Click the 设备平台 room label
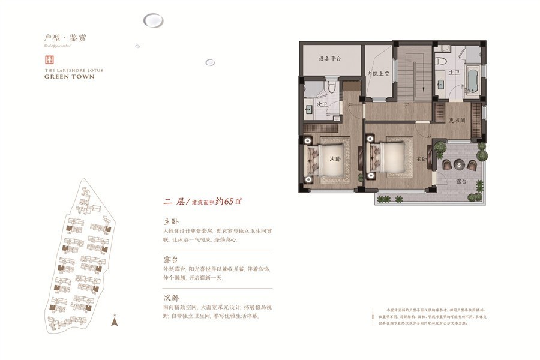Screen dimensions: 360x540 coord(330,59)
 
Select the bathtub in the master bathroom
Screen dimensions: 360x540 coord(472,79)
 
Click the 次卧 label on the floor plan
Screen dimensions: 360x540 coord(335,160)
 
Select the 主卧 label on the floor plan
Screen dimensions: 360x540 coord(421,160)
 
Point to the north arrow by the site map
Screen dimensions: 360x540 coord(114,321)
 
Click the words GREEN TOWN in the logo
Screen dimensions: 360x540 coord(70,77)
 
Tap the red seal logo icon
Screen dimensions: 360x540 coord(50,60)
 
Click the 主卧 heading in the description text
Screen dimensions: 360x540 coord(171,221)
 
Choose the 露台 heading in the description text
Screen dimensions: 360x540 coord(171,260)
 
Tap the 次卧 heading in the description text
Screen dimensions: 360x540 coord(171,298)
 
